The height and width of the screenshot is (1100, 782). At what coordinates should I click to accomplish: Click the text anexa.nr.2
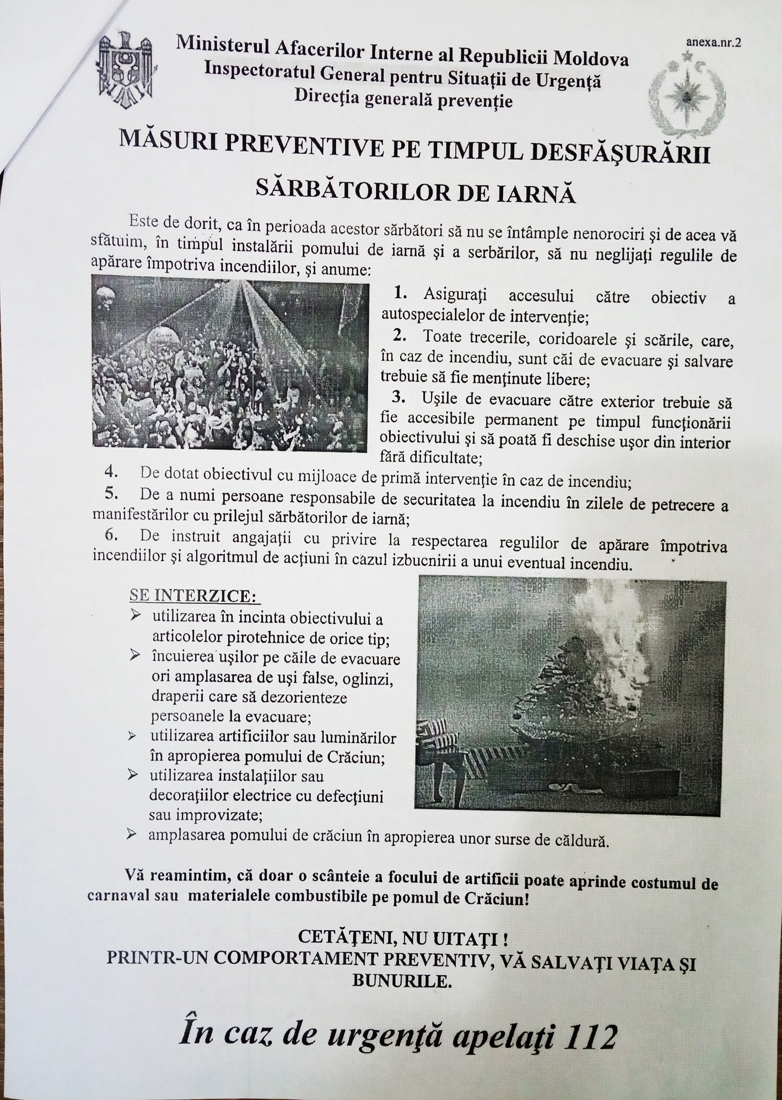coord(713,44)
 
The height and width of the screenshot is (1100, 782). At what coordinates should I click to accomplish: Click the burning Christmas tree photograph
coord(571,695)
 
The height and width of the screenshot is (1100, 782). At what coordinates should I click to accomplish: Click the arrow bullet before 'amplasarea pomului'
coord(132,834)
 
